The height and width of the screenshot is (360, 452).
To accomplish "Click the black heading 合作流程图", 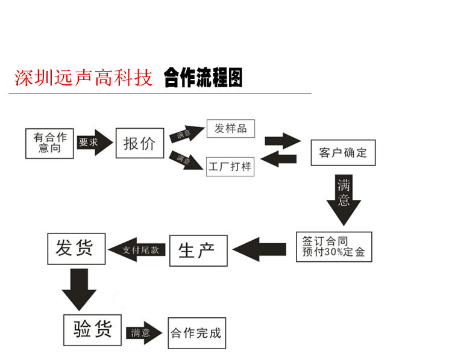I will coord(203,78).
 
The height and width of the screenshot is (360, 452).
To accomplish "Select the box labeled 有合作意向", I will coord(49,143).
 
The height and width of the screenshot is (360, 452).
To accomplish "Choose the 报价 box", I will coord(139,143).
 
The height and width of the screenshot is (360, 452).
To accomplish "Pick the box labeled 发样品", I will coord(230,128).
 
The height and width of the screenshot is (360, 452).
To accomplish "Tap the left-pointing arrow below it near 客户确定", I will coord(281,159).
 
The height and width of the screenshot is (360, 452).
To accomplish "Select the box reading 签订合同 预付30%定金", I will coord(334,247).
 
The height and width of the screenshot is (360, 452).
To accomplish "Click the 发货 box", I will coord(76,248).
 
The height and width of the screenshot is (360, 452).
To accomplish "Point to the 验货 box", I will coord(92,330).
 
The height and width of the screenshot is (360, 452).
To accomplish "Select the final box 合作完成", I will coord(196,333).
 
